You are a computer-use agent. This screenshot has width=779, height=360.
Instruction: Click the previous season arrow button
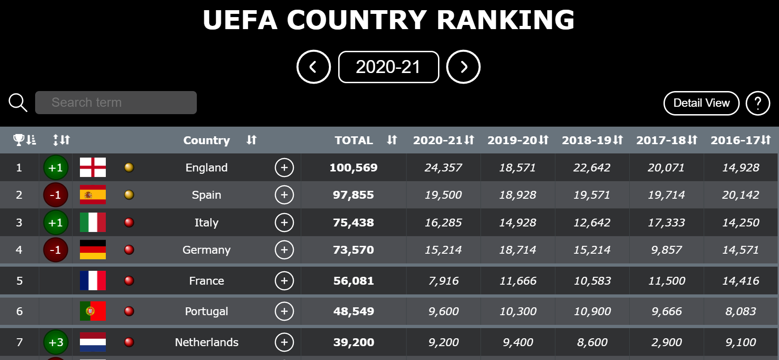point(314,67)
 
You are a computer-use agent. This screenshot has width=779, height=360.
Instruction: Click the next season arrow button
point(463,67)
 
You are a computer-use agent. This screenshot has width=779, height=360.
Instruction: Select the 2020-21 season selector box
point(389,67)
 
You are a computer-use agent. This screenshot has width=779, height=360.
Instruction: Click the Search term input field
point(116,103)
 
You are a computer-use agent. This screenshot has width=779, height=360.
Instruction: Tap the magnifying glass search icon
point(18,103)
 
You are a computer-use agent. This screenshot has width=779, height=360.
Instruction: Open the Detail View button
point(701,103)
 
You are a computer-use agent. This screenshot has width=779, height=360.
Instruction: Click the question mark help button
point(758,103)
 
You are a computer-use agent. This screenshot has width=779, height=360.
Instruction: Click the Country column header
point(207,140)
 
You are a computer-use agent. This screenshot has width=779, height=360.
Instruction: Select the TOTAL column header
point(354,140)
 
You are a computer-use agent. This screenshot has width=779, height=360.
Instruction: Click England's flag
point(93,167)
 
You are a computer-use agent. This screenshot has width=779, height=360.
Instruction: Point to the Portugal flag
point(93,311)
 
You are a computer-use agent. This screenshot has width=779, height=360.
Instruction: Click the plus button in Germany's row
point(284,250)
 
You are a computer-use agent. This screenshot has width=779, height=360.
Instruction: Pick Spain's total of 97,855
point(353,195)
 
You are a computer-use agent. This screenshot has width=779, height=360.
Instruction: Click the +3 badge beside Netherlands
point(56,342)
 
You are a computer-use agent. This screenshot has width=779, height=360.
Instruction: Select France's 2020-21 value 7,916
point(443,281)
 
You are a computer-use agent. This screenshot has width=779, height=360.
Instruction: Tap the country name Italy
point(207,223)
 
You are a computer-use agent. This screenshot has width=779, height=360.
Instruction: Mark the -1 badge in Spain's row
point(55,195)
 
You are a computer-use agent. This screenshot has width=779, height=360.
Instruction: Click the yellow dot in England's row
point(129,167)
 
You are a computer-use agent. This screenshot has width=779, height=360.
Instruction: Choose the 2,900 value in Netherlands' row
point(666,342)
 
